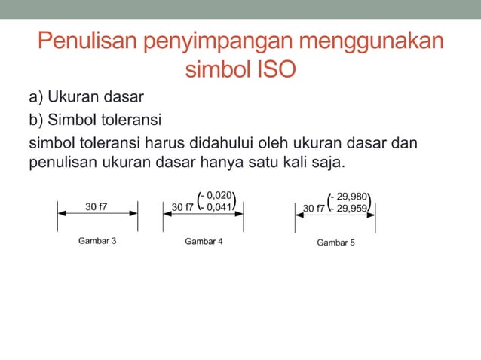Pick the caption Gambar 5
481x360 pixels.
(335, 243)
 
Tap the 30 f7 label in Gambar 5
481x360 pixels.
(314, 209)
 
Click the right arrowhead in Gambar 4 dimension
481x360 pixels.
(240, 212)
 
